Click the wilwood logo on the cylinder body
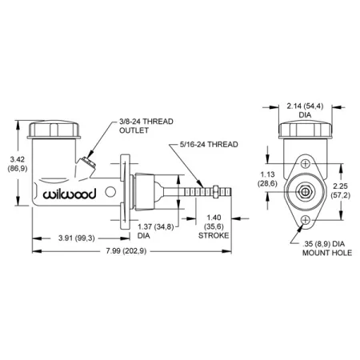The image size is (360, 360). pyautogui.click(x=70, y=194)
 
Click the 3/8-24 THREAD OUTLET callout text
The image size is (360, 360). pyautogui.click(x=146, y=126)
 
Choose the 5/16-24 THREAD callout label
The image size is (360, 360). pyautogui.click(x=209, y=145)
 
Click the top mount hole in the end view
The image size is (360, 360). pyautogui.click(x=306, y=163)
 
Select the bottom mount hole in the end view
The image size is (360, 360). pyautogui.click(x=306, y=220)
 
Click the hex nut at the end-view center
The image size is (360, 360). pyautogui.click(x=306, y=192)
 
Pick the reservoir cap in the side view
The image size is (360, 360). pyautogui.click(x=54, y=130)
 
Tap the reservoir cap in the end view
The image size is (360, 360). pyautogui.click(x=306, y=130)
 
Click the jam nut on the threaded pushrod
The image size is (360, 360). pyautogui.click(x=216, y=192)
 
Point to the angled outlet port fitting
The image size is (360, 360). pyautogui.click(x=88, y=162)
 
